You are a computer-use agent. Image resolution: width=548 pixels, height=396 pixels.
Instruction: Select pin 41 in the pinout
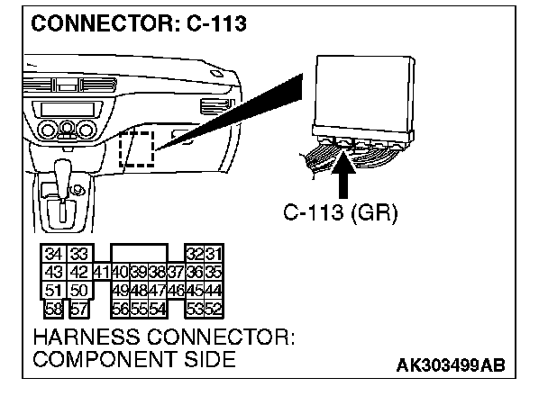[100, 271]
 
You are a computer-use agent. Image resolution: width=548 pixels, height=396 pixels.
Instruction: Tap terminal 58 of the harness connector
[54, 307]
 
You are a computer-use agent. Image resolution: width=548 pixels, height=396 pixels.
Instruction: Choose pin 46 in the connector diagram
[175, 289]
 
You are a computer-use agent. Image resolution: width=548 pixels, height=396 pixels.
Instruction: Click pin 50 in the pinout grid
[77, 289]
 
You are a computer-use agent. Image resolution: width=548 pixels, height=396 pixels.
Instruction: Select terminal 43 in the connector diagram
[53, 271]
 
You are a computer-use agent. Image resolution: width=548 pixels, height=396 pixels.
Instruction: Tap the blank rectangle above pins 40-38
[138, 252]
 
